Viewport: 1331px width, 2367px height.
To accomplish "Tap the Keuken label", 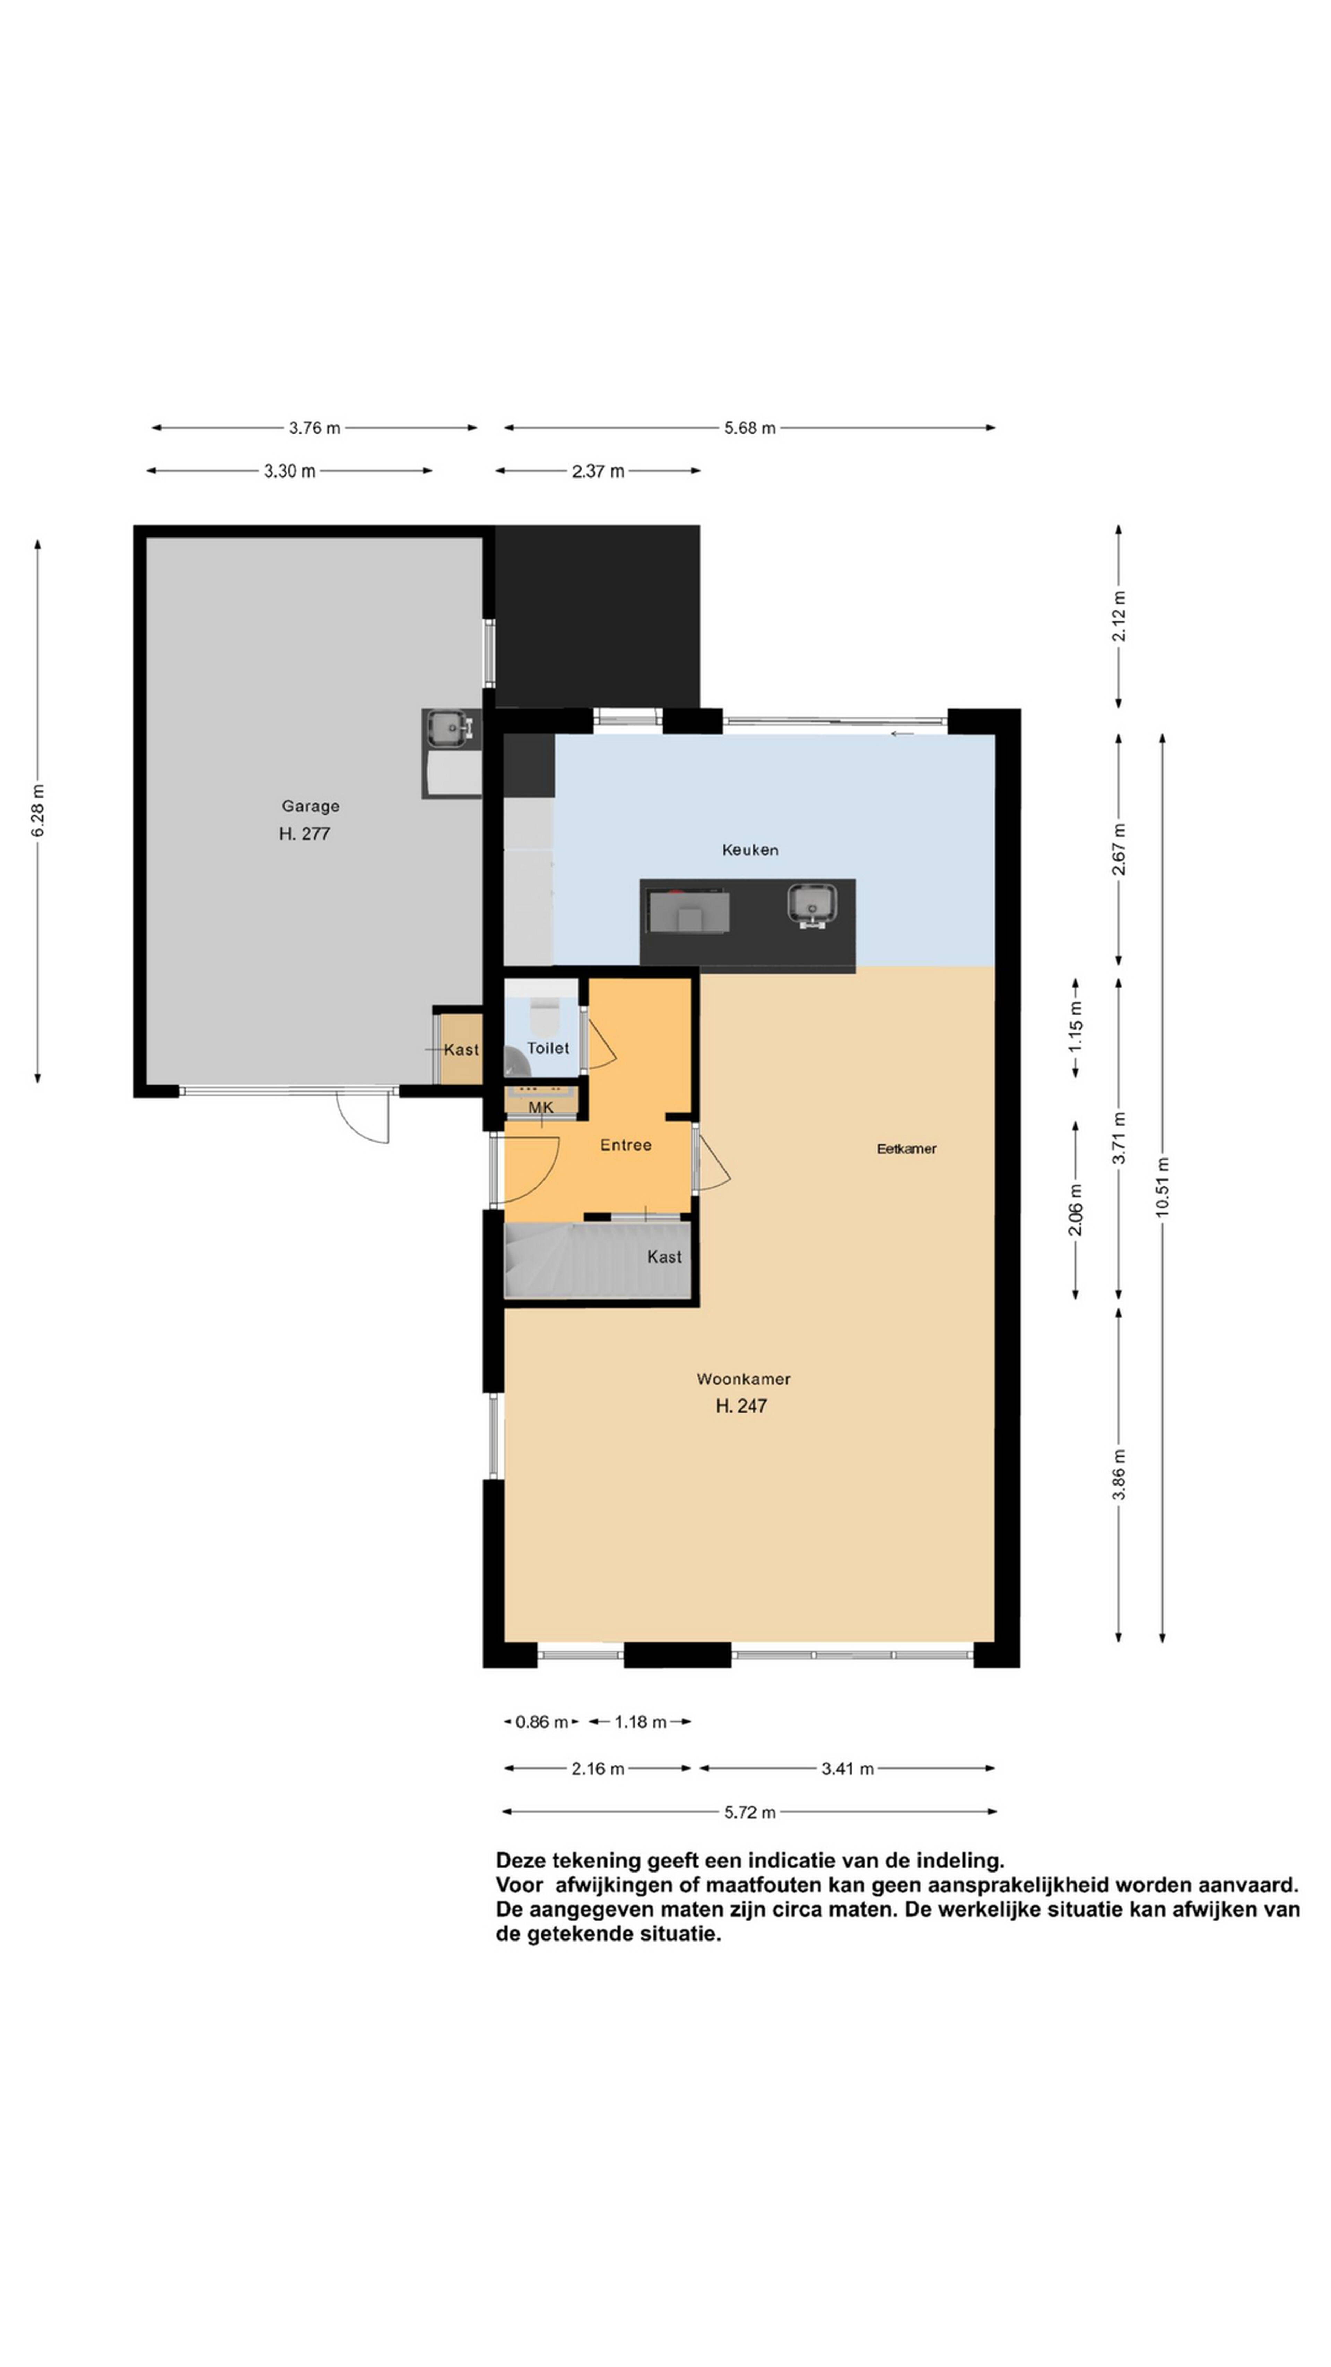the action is click(749, 850).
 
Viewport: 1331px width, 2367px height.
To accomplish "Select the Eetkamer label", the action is click(906, 1148).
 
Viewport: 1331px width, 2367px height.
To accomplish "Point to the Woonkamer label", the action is click(743, 1378).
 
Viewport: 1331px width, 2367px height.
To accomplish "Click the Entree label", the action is click(626, 1145).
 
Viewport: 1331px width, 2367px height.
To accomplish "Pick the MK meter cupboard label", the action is click(541, 1107).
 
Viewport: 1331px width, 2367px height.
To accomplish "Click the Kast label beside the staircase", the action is click(664, 1256).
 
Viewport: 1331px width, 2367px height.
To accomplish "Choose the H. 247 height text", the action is click(741, 1405).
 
